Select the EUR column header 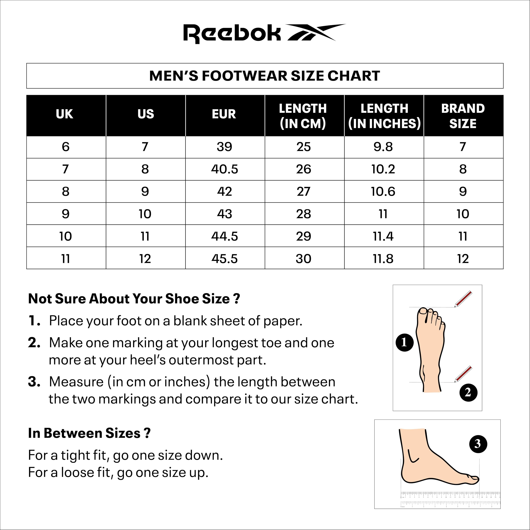224,114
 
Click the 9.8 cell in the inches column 383,147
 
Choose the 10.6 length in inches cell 383,192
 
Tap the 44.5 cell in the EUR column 224,236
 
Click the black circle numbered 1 404,342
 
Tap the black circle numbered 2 468,392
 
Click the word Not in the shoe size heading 40,299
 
